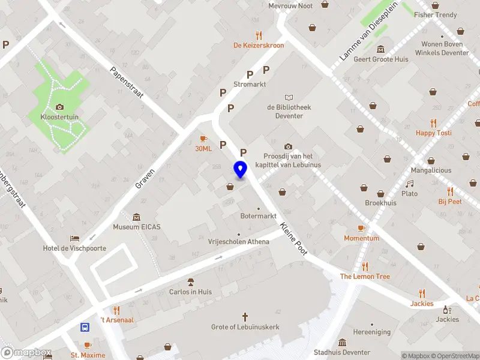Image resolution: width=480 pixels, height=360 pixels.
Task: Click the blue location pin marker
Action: click(241, 170)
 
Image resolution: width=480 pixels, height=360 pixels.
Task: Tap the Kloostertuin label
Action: click(59, 117)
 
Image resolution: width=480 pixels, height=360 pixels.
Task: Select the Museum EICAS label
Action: click(137, 227)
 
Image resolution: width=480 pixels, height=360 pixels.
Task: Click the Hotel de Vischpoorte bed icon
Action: click(74, 238)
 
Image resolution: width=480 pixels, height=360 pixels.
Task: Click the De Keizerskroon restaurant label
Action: click(259, 45)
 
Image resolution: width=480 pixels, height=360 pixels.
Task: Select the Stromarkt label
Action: click(250, 85)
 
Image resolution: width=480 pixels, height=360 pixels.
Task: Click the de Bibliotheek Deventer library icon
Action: click(289, 97)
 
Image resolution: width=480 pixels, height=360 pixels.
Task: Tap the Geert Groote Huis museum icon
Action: click(380, 49)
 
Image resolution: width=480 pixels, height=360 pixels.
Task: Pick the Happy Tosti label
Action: click(434, 133)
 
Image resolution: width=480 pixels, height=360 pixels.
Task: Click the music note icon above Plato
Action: click(410, 184)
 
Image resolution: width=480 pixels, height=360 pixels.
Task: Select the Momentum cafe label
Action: click(361, 238)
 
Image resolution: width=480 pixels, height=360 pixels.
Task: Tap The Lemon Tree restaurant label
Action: click(365, 277)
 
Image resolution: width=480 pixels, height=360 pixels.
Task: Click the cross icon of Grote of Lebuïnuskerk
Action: click(245, 316)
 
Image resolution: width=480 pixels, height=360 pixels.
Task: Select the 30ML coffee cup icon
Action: click(203, 139)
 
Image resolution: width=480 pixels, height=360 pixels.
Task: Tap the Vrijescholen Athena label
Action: click(238, 242)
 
